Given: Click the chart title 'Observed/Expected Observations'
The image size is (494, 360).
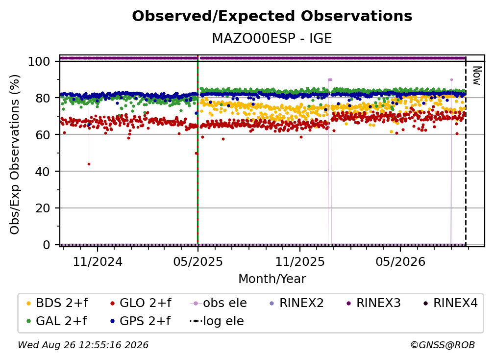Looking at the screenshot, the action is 272,16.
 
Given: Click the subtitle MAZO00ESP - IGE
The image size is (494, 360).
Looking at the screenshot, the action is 272,38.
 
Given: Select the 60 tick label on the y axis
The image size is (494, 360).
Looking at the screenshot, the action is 43,134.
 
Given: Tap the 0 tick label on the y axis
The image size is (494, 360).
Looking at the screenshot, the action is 47,245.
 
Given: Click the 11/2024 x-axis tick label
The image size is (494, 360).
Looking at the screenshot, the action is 98,261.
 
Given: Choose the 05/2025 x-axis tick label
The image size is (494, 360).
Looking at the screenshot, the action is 198,261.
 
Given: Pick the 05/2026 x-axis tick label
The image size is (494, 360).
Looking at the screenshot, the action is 400,261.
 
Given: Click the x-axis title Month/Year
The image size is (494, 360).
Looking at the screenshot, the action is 272,279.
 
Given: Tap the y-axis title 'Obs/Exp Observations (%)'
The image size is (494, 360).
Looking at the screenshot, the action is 15,154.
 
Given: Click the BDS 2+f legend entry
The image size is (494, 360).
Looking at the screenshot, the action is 57,303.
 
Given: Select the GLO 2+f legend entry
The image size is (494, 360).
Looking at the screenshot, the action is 141,303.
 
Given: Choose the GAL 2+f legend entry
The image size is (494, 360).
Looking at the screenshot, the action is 57,321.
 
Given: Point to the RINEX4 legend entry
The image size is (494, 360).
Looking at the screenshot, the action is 450,303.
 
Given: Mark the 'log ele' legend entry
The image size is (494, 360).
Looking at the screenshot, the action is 217,321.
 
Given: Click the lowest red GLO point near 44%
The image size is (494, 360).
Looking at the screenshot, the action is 89,164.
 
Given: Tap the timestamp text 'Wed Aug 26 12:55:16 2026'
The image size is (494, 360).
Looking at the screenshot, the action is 83,345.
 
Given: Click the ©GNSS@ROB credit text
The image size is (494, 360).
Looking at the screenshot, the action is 443,345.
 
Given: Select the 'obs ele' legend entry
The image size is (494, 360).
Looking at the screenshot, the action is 219,303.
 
